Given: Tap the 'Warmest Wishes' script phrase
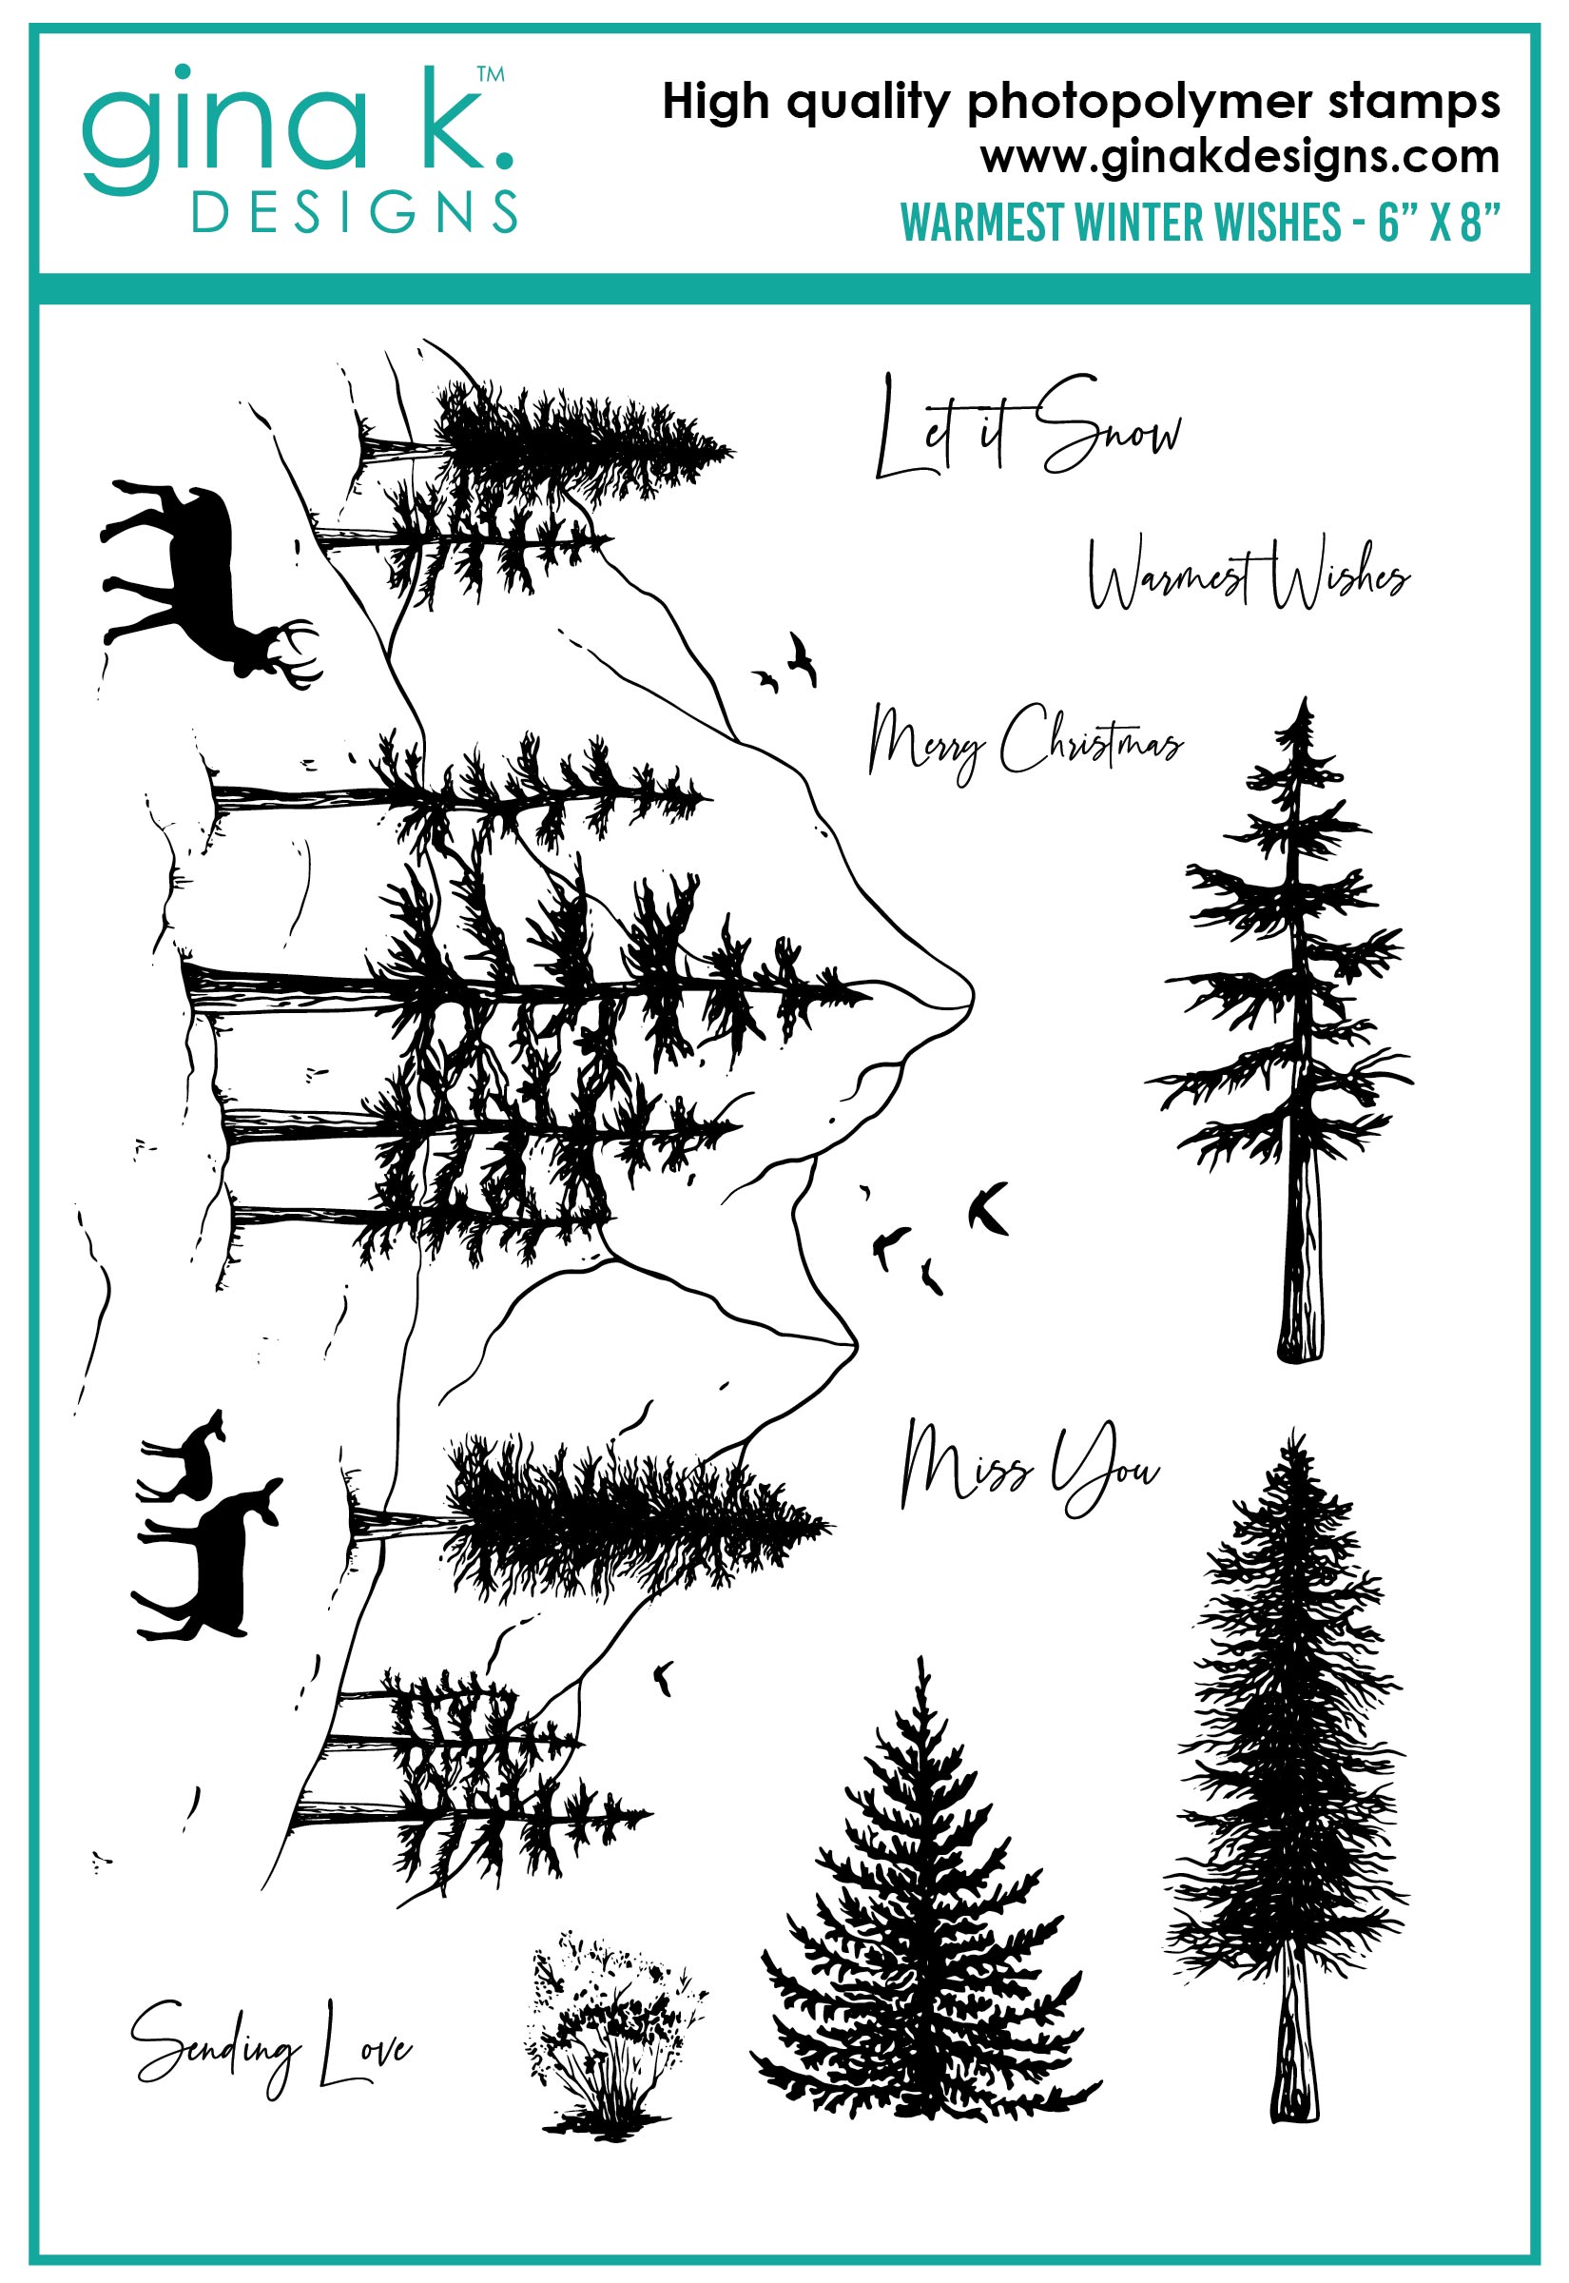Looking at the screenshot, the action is point(1249,573).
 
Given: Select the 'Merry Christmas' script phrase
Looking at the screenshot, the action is point(1025,741).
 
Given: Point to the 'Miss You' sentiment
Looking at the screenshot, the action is point(1030,1467).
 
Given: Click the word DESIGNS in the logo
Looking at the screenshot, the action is point(355,212).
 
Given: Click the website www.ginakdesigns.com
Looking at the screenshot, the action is point(1240,157).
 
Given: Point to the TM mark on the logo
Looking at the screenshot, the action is point(491,74).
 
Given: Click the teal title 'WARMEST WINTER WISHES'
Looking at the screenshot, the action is point(1121,223).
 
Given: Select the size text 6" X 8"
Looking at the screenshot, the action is point(1440,223).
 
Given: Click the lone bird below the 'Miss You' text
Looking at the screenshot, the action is point(665,1677).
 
